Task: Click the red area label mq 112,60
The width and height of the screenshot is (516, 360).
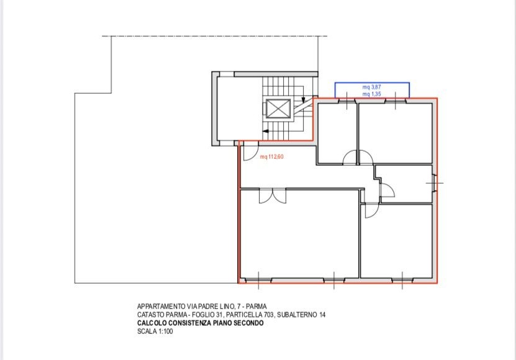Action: coord(271,156)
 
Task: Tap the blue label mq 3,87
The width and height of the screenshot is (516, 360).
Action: coord(371,87)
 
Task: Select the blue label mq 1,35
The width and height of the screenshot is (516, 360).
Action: coord(371,94)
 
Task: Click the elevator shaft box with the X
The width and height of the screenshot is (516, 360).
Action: coord(278,109)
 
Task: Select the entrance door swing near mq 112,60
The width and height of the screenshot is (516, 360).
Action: coord(250,153)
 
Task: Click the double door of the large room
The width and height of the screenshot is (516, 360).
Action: coord(273,196)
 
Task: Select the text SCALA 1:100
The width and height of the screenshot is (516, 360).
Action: coord(155,331)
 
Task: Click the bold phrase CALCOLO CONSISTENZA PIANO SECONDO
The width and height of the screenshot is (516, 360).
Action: coord(201,323)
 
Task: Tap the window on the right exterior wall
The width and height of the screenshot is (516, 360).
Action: coord(435,183)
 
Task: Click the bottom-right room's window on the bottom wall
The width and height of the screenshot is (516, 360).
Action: coord(402,281)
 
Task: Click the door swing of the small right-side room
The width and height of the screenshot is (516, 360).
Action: coord(387,190)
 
